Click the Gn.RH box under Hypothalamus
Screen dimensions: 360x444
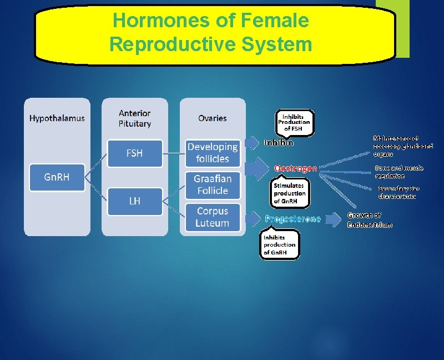coord(57,177)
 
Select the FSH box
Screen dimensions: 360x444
coord(134,153)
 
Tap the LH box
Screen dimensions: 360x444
coord(134,201)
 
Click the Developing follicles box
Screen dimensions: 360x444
coord(212,153)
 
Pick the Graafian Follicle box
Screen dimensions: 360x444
coord(212,185)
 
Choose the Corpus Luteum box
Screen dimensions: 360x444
coord(212,217)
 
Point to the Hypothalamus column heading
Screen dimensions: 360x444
coord(57,118)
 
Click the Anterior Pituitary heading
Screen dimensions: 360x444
coord(134,118)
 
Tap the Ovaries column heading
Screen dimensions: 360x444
coord(212,118)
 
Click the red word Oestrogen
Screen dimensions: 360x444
coord(296,168)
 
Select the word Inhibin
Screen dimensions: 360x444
coord(279,143)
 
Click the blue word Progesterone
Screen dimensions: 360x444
coord(292,219)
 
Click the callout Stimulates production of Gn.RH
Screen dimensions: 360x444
coord(289,193)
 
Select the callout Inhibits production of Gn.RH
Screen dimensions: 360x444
coord(280,244)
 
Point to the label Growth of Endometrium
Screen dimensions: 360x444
coord(370,220)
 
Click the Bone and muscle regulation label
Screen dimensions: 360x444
coord(398,172)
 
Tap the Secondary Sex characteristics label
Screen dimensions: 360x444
coord(398,192)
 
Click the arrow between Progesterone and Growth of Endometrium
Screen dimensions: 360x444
coord(333,219)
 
